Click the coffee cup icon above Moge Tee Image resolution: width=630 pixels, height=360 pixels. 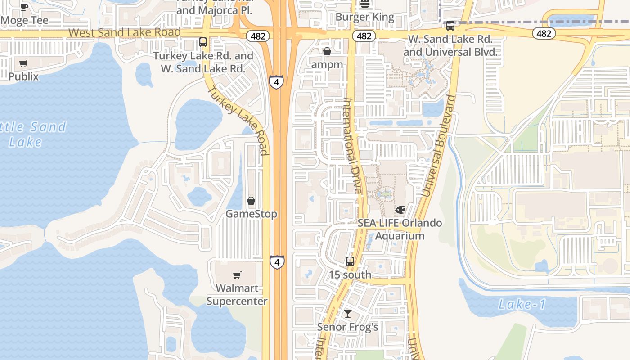pyautogui.click(x=24, y=6)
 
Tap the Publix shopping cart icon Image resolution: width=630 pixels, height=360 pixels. pyautogui.click(x=23, y=63)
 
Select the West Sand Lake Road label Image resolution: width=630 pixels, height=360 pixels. pyautogui.click(x=124, y=32)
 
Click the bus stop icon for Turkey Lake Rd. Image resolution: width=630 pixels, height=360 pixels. pyautogui.click(x=203, y=42)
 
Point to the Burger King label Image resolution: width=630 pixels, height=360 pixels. pyautogui.click(x=365, y=18)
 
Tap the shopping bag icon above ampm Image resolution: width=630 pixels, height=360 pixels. pyautogui.click(x=327, y=51)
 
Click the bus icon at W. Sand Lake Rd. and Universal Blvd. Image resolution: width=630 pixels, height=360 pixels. pyautogui.click(x=450, y=26)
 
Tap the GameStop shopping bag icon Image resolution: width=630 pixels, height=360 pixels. pyautogui.click(x=251, y=201)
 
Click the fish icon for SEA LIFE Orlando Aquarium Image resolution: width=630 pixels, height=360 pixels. pyautogui.click(x=400, y=210)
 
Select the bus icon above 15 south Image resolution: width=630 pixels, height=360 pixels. pyautogui.click(x=350, y=261)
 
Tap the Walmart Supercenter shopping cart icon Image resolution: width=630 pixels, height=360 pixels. pyautogui.click(x=237, y=275)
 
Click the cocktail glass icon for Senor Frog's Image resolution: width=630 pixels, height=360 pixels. pyautogui.click(x=347, y=313)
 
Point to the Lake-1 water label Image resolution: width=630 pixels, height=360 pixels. pyautogui.click(x=522, y=305)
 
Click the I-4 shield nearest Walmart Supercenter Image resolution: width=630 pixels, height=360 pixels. pyautogui.click(x=277, y=262)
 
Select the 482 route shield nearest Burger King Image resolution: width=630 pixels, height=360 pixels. pyautogui.click(x=364, y=36)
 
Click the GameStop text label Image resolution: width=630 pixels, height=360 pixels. pyautogui.click(x=251, y=214)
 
